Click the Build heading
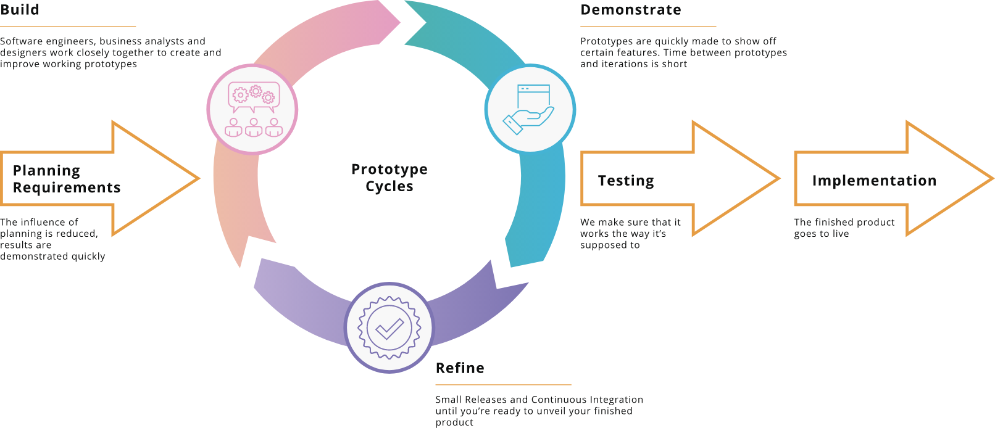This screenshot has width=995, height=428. point(20,10)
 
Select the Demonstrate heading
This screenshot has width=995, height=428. point(631,10)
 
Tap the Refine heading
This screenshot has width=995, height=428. point(460,368)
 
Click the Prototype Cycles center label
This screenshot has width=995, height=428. point(389,178)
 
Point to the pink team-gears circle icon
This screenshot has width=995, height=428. point(252,110)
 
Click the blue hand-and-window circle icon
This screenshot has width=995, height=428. point(530,109)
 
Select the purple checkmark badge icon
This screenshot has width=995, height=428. point(389,327)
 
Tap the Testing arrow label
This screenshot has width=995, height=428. point(626,181)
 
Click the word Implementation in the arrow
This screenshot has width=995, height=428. point(874,181)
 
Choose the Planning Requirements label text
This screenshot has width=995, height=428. point(66,179)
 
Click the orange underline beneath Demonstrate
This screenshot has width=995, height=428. point(648,27)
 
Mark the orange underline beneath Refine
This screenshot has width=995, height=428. point(503,385)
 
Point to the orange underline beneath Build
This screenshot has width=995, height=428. point(68,27)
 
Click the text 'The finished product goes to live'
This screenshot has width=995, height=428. point(844,228)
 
